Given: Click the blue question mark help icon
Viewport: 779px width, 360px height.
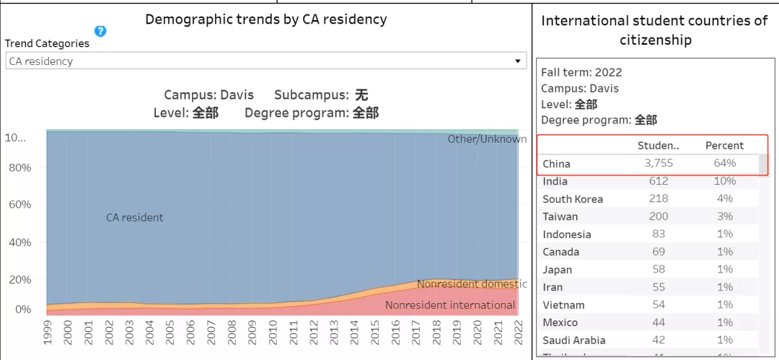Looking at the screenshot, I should tap(100, 31).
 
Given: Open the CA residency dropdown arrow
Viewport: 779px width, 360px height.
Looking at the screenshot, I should tap(517, 61).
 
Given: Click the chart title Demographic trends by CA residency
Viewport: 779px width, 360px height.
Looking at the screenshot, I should tap(266, 19).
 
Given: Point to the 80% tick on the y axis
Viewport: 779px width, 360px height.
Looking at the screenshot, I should tap(18, 167).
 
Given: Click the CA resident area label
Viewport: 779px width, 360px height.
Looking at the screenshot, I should tap(135, 217).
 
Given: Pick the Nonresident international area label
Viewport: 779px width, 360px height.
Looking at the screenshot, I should tap(450, 305).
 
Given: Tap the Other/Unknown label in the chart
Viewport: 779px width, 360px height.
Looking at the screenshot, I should tap(487, 139).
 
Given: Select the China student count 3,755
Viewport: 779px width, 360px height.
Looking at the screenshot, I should tap(658, 164).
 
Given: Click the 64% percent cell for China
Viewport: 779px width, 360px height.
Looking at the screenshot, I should tap(724, 164).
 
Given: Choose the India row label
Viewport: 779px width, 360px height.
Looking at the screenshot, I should tap(555, 182).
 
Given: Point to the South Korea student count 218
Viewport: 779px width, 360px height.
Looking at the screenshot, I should tap(658, 199).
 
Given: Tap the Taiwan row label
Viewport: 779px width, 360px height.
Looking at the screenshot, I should tap(560, 216).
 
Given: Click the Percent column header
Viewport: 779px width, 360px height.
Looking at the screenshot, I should tap(724, 146).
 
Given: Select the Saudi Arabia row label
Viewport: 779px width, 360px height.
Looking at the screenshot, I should tap(573, 341).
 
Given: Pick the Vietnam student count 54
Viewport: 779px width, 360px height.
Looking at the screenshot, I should tap(658, 305).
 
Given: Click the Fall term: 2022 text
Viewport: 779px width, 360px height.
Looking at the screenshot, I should tap(581, 72).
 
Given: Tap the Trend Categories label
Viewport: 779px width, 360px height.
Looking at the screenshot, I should tap(48, 43).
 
